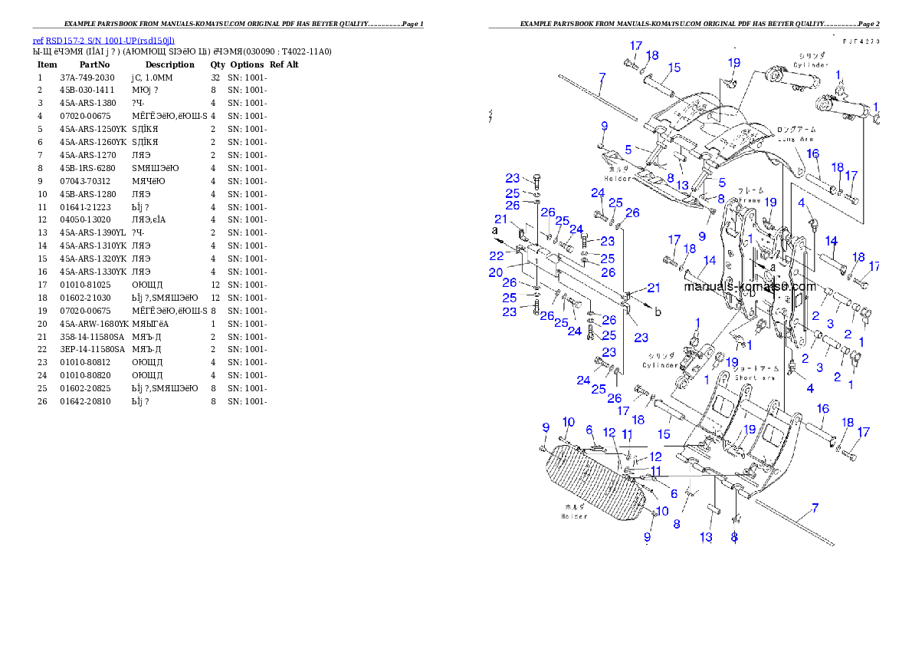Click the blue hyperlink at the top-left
(x=103, y=41)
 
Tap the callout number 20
(x=496, y=272)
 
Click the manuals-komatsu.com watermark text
(x=750, y=287)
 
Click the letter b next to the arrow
(x=658, y=311)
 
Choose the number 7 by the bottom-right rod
(x=814, y=508)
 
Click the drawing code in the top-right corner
(x=860, y=41)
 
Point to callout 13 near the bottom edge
(x=706, y=537)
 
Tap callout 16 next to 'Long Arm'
(x=812, y=154)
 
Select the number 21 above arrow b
(x=653, y=288)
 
